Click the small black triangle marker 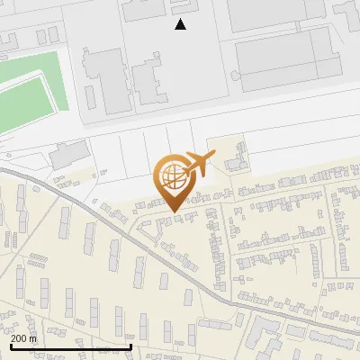tap(181, 24)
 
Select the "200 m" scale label tap(23, 337)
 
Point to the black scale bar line tap(71, 346)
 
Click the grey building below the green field tap(66, 157)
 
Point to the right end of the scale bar tap(131, 345)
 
